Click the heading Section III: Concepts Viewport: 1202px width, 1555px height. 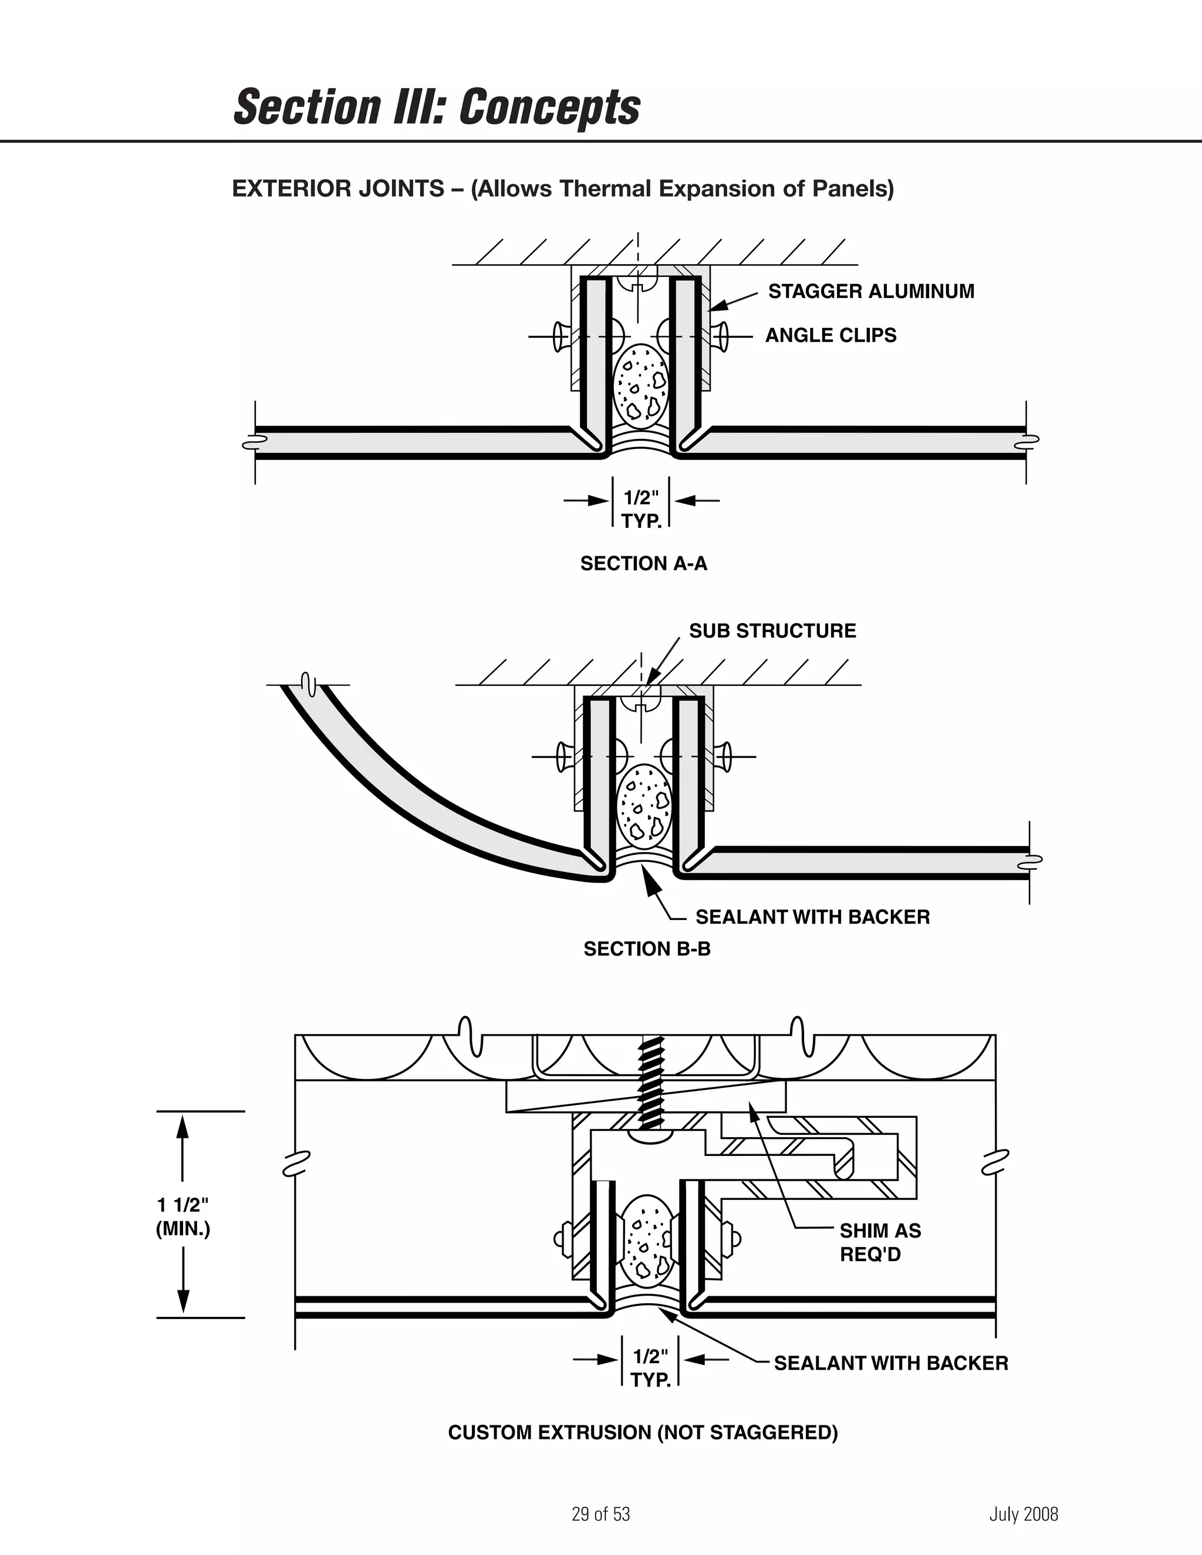coord(437,107)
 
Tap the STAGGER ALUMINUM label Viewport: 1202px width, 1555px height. coord(870,291)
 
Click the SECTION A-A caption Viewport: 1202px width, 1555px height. coord(644,564)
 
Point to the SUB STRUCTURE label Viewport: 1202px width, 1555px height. coord(772,631)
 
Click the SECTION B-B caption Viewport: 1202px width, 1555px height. coord(647,949)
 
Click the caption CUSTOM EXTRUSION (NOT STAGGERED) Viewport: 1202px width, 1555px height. coord(642,1432)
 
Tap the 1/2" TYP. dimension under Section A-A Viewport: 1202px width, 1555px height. coord(641,509)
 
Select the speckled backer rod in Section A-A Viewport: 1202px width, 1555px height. coord(640,384)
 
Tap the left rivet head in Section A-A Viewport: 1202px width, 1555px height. coord(558,336)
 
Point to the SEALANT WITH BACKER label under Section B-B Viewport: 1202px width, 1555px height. coord(812,917)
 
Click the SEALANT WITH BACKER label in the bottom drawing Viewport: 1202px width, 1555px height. coord(890,1364)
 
